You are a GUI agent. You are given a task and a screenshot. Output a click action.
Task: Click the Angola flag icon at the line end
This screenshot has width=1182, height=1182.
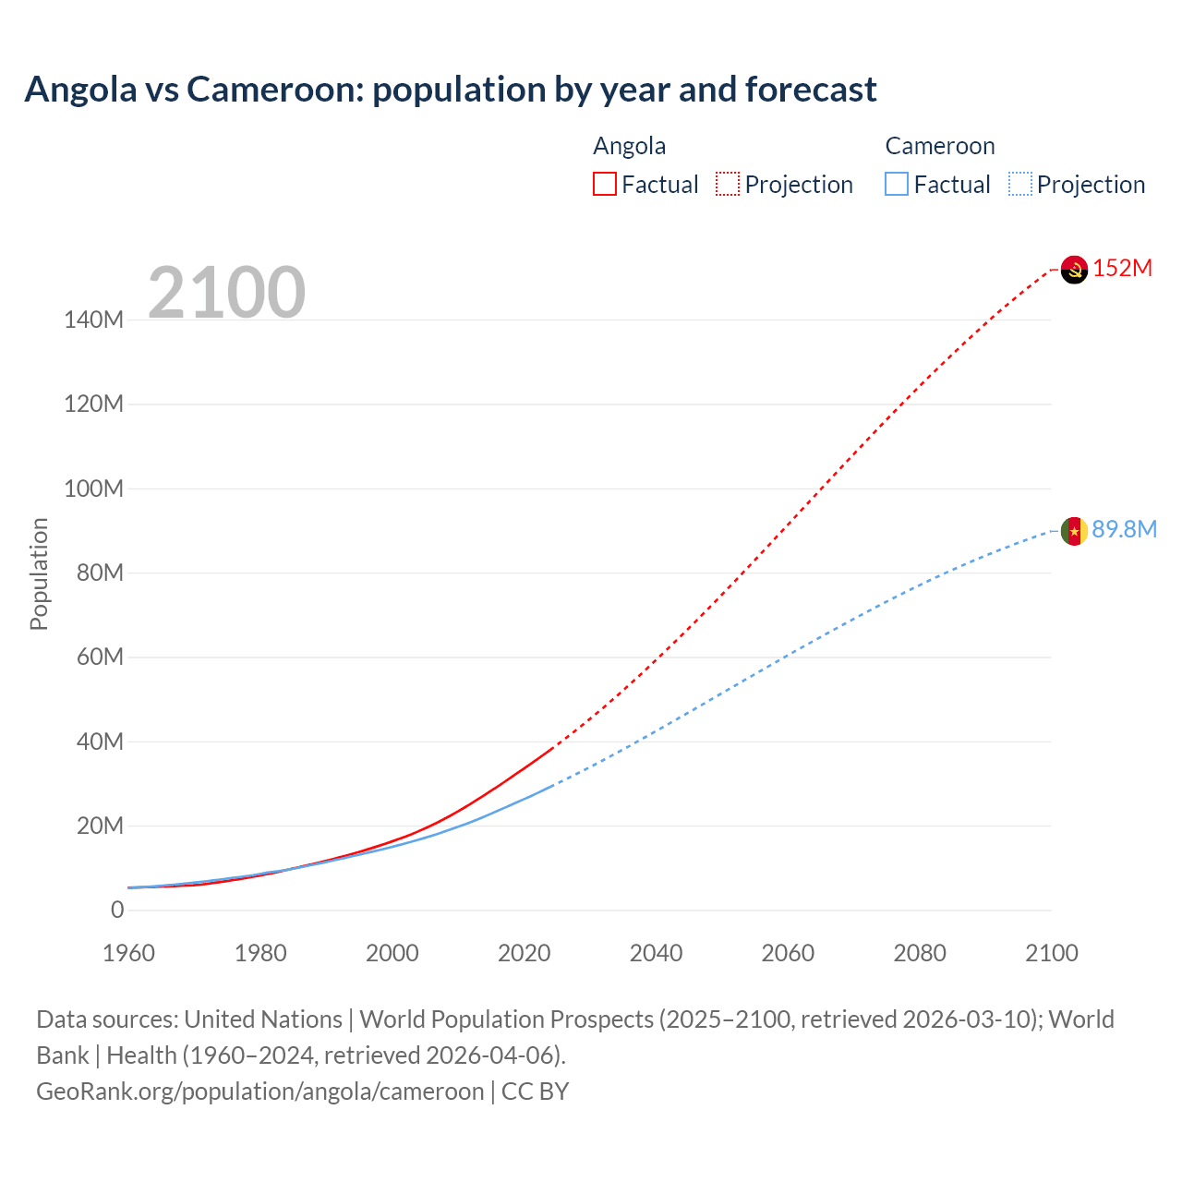[x=1074, y=270]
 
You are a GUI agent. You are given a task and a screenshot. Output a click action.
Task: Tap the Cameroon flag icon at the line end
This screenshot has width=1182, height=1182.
[x=1074, y=531]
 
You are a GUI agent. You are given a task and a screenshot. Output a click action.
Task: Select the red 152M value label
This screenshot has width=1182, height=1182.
[x=1123, y=269]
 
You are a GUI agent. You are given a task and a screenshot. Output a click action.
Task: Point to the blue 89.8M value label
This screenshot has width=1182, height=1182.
[x=1124, y=529]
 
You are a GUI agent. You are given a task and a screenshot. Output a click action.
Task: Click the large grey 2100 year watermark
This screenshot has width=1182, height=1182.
[x=226, y=293]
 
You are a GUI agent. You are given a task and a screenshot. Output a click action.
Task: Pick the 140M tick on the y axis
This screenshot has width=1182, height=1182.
[x=93, y=320]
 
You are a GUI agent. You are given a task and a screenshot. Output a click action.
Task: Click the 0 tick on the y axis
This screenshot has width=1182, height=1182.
[x=117, y=911]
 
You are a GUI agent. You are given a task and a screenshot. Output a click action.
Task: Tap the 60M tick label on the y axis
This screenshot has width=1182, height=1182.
[x=99, y=657]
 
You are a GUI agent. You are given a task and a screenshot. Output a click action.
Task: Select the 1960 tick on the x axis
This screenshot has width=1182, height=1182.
[x=128, y=953]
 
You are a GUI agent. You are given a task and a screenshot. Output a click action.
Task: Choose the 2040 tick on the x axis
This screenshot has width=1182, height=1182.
[x=656, y=953]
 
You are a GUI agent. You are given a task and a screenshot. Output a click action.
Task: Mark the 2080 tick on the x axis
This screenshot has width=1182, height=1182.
[x=920, y=953]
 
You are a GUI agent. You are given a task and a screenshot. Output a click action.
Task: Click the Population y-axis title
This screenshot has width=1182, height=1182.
[x=39, y=574]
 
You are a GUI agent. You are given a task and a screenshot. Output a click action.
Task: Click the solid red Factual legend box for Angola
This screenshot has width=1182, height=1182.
[x=605, y=185]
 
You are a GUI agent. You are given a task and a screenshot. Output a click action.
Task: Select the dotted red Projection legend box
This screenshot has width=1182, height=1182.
[x=728, y=185]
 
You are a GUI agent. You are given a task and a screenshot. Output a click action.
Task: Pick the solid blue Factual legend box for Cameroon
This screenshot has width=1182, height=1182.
[x=897, y=185]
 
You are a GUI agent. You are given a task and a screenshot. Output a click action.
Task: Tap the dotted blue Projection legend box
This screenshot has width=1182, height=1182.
[x=1020, y=185]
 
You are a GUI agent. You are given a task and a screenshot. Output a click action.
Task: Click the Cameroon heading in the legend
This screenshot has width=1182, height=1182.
[x=940, y=146]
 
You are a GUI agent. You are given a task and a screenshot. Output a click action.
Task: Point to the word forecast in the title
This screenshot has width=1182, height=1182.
[x=811, y=90]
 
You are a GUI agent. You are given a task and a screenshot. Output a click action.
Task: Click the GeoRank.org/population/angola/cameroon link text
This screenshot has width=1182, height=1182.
[x=259, y=1092]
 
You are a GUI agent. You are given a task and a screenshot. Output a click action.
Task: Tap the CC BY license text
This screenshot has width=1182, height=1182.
[x=536, y=1092]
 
